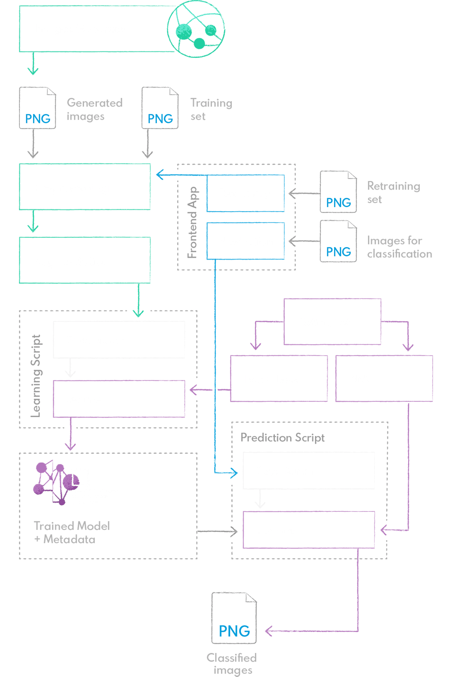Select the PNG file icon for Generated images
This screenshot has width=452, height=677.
[38, 108]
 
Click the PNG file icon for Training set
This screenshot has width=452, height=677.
[160, 108]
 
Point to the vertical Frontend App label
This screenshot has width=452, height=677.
[193, 222]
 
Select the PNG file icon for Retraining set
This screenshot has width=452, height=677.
[338, 192]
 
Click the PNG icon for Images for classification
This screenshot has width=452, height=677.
[338, 241]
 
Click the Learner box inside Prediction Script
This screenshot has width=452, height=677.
[309, 530]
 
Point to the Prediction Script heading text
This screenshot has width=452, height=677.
[282, 437]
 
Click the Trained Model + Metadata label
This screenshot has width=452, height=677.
[71, 533]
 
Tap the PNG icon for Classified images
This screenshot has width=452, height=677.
[234, 618]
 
